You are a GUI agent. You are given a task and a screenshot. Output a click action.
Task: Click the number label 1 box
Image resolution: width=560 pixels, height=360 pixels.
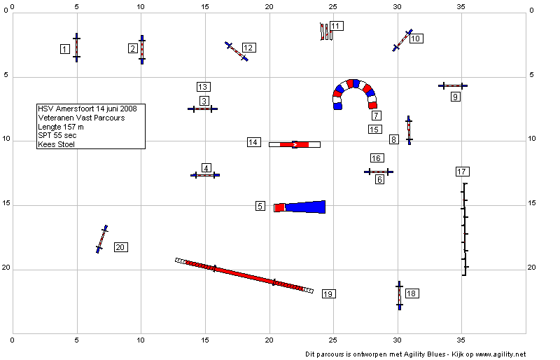(64, 49)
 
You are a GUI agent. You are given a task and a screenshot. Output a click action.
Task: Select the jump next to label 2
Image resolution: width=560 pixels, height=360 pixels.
(142, 50)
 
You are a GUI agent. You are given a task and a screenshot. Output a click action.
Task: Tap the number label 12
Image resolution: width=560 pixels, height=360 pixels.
(249, 48)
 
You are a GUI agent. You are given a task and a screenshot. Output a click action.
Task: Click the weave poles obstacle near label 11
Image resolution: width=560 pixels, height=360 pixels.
(326, 32)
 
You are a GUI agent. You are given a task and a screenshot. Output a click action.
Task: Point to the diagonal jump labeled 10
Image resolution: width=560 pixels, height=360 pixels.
(402, 41)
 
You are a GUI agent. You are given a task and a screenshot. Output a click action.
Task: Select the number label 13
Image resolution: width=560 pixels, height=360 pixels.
(203, 87)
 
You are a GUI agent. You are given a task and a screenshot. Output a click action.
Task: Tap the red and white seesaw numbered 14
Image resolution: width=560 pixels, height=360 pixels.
(295, 144)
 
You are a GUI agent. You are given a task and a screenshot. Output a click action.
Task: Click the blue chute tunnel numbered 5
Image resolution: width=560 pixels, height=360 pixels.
(300, 207)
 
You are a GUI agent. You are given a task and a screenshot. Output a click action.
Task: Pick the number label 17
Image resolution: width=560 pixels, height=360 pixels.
(463, 172)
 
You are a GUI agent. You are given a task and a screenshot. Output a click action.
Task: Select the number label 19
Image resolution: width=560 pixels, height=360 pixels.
(328, 294)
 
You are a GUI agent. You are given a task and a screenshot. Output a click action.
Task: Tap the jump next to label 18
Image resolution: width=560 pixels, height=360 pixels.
(399, 296)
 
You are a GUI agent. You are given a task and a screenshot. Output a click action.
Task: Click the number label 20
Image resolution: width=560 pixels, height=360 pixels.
(121, 247)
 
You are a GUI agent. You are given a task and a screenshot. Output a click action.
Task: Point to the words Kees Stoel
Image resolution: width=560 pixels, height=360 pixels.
(57, 144)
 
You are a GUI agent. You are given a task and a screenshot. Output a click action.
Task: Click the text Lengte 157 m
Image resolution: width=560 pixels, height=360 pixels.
(61, 127)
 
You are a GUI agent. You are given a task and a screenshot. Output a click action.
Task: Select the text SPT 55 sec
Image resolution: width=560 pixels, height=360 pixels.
(57, 135)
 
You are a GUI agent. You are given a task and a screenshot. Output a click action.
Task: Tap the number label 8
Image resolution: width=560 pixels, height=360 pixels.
(393, 139)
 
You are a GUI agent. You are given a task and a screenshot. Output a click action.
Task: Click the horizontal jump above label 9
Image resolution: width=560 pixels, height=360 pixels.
(453, 86)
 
